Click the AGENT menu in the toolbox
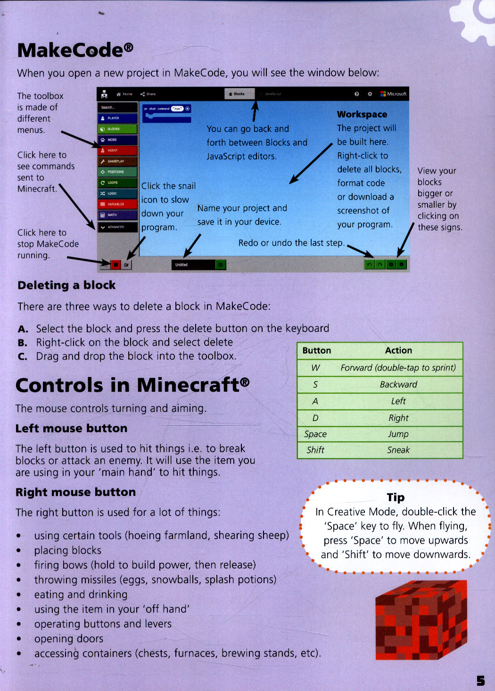[x=117, y=150]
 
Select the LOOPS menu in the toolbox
[x=117, y=182]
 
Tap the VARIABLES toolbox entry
[x=117, y=204]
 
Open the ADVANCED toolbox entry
[x=117, y=227]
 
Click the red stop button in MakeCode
[x=115, y=265]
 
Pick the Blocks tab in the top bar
[x=239, y=94]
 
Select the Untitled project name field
[x=193, y=265]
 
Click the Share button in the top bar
[x=148, y=94]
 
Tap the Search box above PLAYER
[x=117, y=107]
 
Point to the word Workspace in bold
[x=362, y=115]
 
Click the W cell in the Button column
[x=315, y=368]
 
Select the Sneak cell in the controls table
[x=398, y=450]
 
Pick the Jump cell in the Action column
[x=398, y=434]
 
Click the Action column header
[x=398, y=350]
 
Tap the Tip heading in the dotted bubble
[x=396, y=497]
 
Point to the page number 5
[x=480, y=681]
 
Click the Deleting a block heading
[x=66, y=285]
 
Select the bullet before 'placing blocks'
[x=19, y=551]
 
